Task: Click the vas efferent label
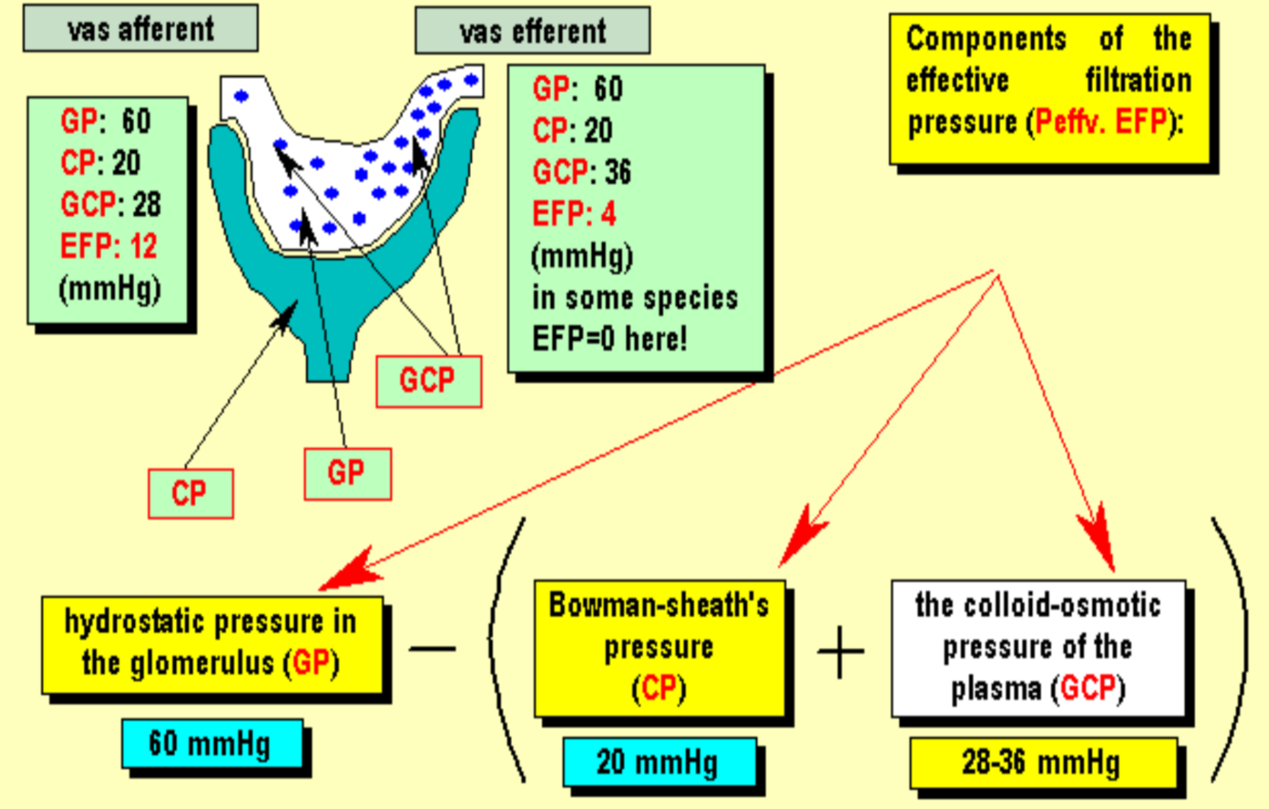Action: pyautogui.click(x=532, y=32)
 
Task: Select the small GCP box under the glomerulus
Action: pyautogui.click(x=427, y=380)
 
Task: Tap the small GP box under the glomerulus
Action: pyautogui.click(x=346, y=472)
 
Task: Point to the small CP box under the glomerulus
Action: pyautogui.click(x=190, y=493)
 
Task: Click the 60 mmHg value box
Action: pyautogui.click(x=210, y=743)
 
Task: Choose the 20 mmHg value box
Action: pyautogui.click(x=658, y=761)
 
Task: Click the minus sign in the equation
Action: pyautogui.click(x=433, y=649)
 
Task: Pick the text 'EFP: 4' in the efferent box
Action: pyautogui.click(x=574, y=214)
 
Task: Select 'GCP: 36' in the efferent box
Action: pyautogui.click(x=581, y=172)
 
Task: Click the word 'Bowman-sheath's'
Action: pyautogui.click(x=659, y=606)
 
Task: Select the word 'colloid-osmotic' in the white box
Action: pyautogui.click(x=1038, y=605)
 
